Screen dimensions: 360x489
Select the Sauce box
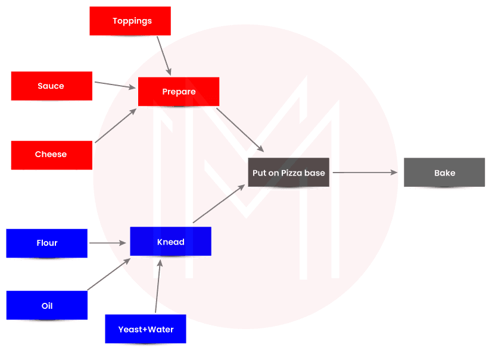tap(51, 86)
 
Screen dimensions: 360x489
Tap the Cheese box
tap(51, 155)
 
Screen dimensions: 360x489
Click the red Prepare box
tap(179, 92)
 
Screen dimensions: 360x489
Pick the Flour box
tap(46, 243)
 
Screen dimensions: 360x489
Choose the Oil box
tap(46, 306)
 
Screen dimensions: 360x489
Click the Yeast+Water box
tap(145, 330)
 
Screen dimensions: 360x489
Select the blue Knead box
tap(170, 242)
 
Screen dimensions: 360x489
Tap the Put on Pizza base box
tap(289, 173)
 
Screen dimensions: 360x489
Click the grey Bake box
tap(444, 173)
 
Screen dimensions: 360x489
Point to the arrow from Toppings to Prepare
tap(164, 56)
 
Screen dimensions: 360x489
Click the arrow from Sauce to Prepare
tap(115, 86)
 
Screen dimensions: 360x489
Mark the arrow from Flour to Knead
tap(108, 243)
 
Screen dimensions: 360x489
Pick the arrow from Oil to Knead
tap(109, 274)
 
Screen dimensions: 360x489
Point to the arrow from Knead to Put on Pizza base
tap(218, 204)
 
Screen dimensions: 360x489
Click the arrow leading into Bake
tap(365, 173)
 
